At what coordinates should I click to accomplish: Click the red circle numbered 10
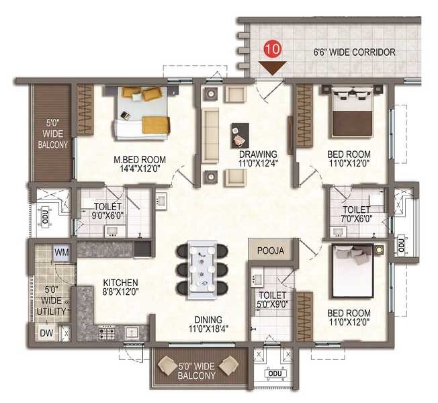click(273, 48)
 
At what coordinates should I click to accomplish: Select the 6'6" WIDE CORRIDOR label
click(354, 52)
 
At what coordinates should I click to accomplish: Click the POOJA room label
click(270, 251)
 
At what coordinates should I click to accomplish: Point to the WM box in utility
click(62, 252)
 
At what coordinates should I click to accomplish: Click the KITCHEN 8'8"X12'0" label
click(121, 287)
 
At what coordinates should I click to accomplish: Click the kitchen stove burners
click(108, 331)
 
